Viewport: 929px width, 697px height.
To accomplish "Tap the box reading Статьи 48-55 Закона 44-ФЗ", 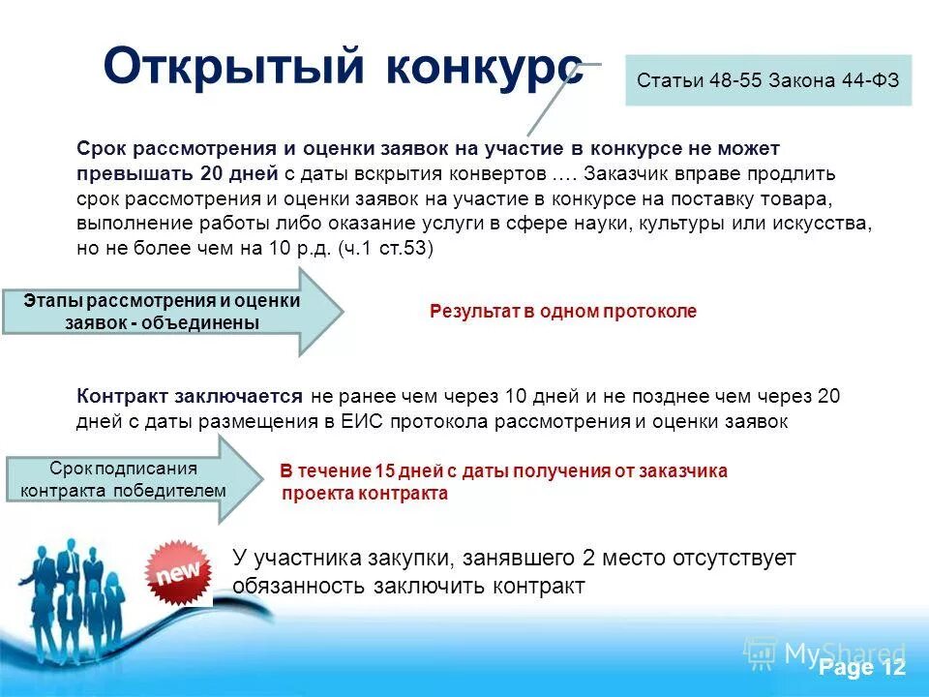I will [x=768, y=81].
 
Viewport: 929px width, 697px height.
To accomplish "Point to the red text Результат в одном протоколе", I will [x=563, y=312].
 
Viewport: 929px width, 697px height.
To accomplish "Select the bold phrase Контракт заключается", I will [x=191, y=396].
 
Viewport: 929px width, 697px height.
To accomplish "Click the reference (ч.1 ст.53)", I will [x=386, y=249].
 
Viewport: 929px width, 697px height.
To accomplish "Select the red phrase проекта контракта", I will [x=365, y=494].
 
